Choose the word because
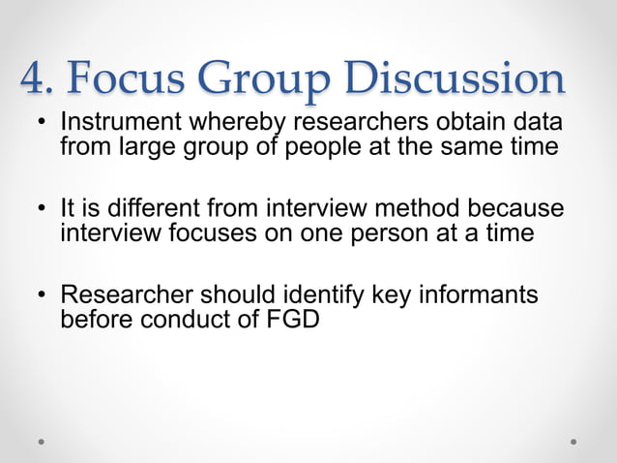click(x=520, y=209)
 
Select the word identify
click(x=325, y=293)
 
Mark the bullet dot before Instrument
click(x=43, y=126)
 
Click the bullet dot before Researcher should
click(x=43, y=294)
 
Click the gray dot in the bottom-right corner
click(x=573, y=441)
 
